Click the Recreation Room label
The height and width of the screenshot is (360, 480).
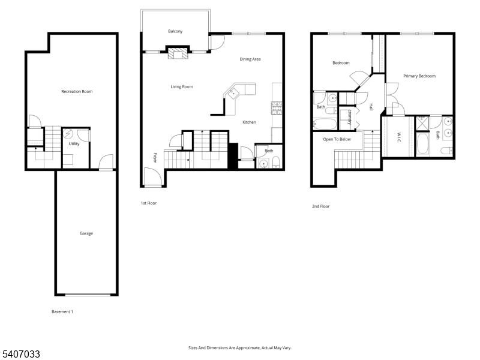[x=77, y=91]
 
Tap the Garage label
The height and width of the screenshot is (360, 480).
[x=86, y=233]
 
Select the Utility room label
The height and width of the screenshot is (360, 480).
[x=74, y=144]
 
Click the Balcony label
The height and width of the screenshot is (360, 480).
[x=175, y=31]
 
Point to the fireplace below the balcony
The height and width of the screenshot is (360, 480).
[x=177, y=54]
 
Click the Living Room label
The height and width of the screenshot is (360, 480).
[x=181, y=87]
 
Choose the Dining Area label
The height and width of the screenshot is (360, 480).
[x=250, y=59]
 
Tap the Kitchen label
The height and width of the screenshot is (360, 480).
[x=249, y=122]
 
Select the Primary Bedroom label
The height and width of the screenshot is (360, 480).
[x=419, y=76]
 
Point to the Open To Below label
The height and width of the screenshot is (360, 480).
[x=337, y=139]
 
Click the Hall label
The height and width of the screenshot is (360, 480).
[x=371, y=107]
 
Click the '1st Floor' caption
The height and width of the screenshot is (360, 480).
[x=148, y=203]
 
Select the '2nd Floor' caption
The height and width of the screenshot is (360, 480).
[x=320, y=206]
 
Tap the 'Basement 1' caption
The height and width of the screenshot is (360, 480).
[x=62, y=311]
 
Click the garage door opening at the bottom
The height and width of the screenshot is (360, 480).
[x=88, y=295]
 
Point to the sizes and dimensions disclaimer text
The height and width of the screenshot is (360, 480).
[x=240, y=347]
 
